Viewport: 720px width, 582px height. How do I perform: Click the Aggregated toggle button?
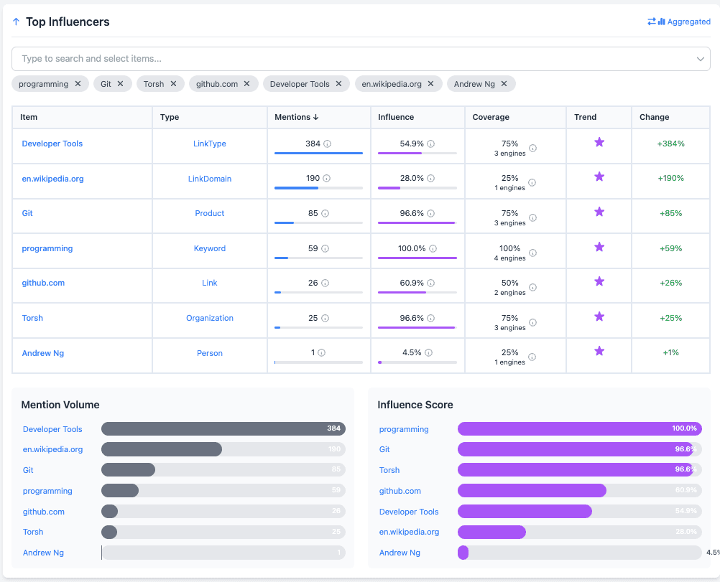679,22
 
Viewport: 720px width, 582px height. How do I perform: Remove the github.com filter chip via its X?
246,84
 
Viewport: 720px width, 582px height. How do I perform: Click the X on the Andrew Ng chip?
504,84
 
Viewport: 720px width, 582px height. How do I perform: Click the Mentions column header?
297,117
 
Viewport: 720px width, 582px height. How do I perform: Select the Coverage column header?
491,117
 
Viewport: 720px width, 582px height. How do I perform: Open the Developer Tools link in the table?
52,144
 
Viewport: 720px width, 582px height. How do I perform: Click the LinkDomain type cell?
210,179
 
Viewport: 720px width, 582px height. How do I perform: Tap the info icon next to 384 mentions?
328,144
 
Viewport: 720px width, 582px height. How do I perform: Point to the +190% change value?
670,178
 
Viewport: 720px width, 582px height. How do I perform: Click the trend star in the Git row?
599,212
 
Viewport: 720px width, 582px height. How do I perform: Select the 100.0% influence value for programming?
412,248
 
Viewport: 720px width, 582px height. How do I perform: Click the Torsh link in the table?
32,318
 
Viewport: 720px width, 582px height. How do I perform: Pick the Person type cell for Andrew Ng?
210,353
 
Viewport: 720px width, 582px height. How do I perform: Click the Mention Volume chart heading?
60,405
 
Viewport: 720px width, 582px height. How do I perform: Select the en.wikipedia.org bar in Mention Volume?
162,449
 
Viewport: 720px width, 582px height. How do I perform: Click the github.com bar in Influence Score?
532,491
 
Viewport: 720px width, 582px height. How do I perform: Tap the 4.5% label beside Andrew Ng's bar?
712,553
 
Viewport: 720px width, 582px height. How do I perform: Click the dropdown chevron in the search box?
701,59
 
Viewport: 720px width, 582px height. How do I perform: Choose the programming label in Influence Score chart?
404,429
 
